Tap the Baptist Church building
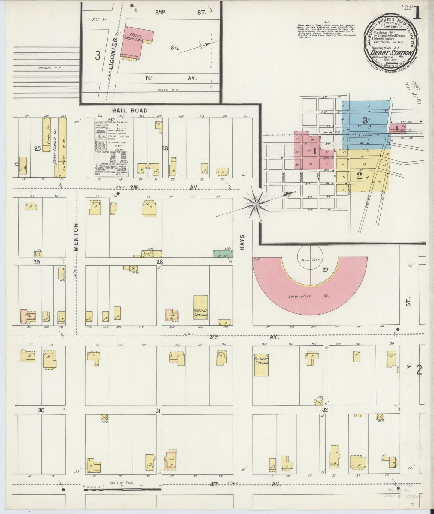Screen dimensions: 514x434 point(201,308)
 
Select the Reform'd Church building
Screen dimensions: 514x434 point(261,361)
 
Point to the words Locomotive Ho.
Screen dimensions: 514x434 point(308,296)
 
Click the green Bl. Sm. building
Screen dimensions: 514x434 point(223,254)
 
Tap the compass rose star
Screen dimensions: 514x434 point(256,205)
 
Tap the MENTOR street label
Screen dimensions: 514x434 point(76,237)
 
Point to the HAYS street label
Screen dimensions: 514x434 point(243,242)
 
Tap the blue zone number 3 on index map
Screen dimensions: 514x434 point(365,121)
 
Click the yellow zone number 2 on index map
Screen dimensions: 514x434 point(359,176)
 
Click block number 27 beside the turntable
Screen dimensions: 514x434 point(325,270)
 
